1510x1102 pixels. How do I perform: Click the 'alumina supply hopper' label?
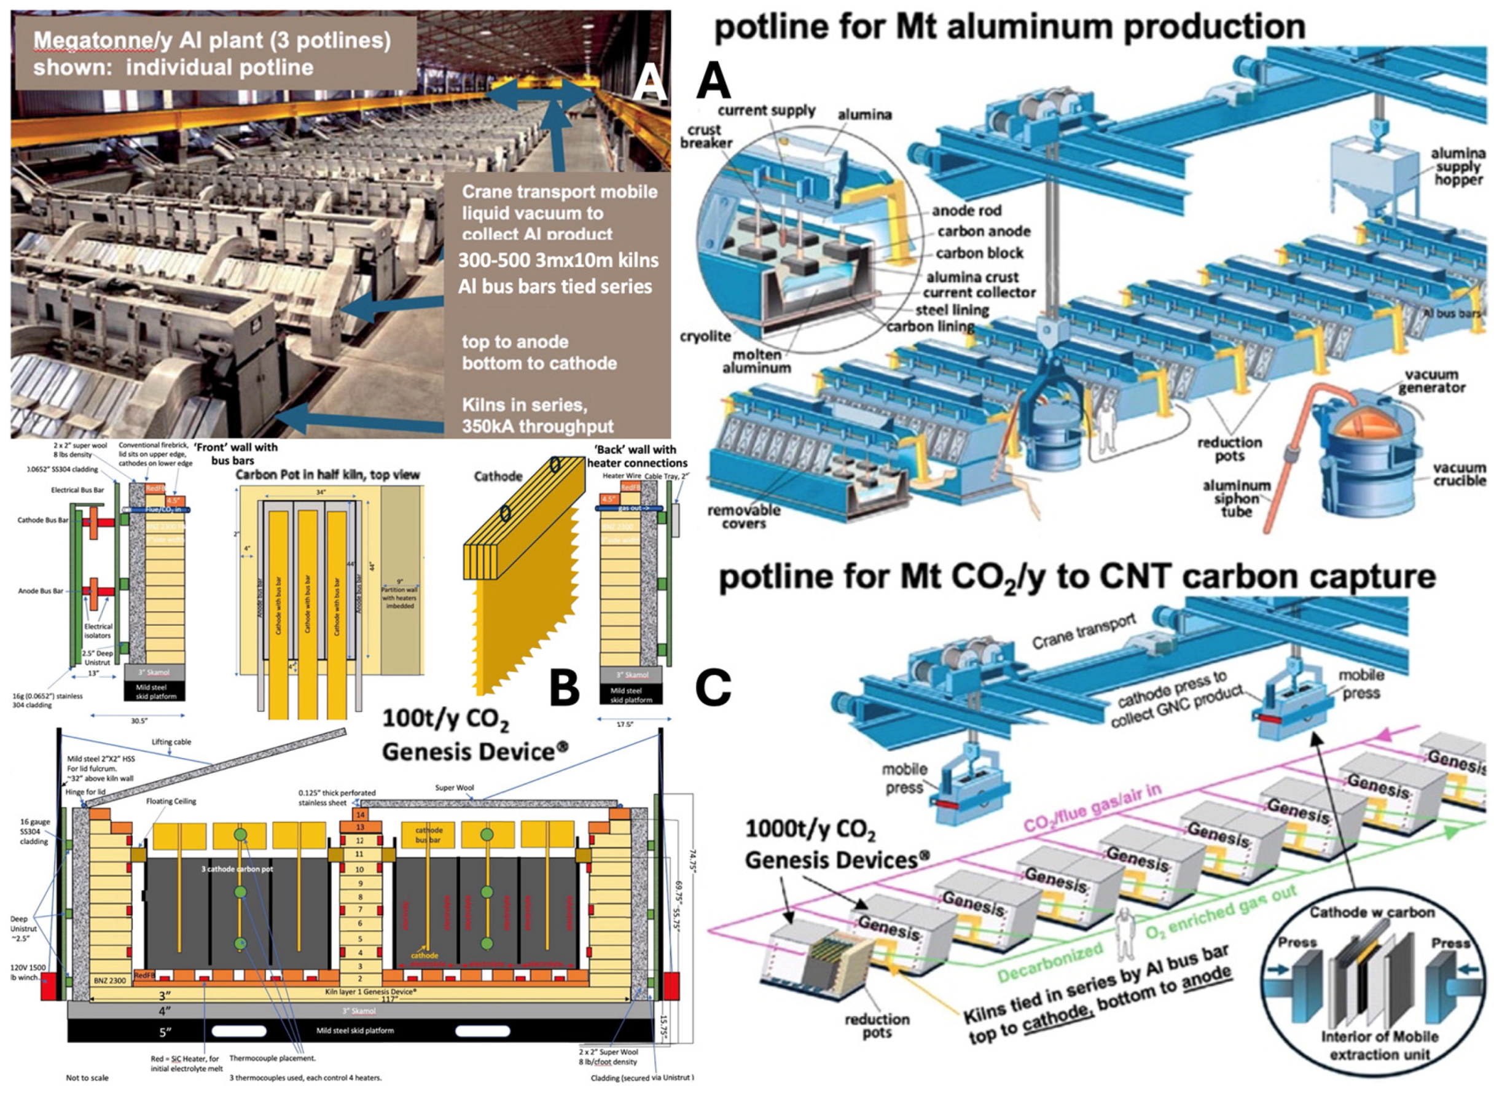pyautogui.click(x=1457, y=166)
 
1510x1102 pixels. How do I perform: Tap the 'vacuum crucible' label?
pyautogui.click(x=1458, y=474)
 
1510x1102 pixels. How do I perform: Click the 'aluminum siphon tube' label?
pyautogui.click(x=1236, y=498)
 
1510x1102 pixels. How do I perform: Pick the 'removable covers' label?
pyautogui.click(x=744, y=517)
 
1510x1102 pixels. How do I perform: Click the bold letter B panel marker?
pyautogui.click(x=564, y=688)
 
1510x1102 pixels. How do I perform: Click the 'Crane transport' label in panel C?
pyautogui.click(x=1083, y=630)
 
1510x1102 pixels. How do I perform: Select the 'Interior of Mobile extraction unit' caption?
pyautogui.click(x=1379, y=1045)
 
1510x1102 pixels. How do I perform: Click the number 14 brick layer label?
pyautogui.click(x=360, y=815)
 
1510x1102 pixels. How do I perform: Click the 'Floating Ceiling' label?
pyautogui.click(x=171, y=801)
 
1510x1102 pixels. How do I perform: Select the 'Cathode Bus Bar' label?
pyautogui.click(x=42, y=520)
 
